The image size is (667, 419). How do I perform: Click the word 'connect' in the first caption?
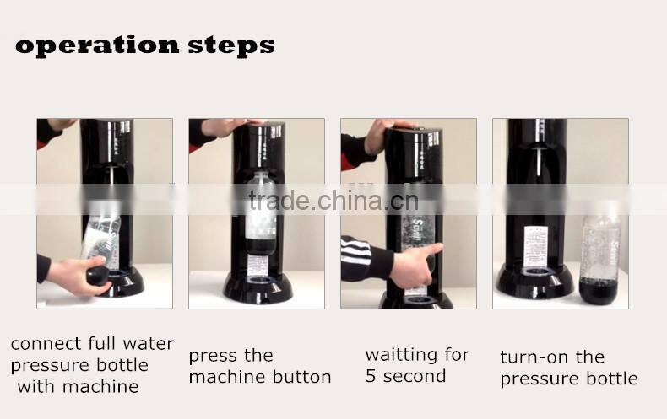[46, 344]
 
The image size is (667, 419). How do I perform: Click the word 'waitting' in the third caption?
[404, 354]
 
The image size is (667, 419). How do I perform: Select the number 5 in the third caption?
[371, 376]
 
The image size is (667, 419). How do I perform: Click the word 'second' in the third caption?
[415, 376]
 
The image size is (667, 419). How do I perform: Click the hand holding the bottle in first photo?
[72, 276]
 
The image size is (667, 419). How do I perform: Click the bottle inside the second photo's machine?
[261, 215]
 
